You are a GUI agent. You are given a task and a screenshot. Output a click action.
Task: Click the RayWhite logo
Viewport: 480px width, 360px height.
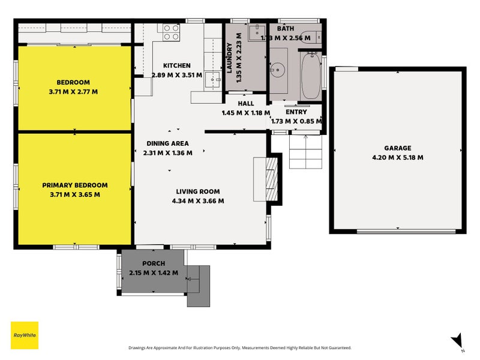click(x=25, y=335)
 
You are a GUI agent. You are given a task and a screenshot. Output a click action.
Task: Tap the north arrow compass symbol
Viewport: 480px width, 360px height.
click(x=457, y=341)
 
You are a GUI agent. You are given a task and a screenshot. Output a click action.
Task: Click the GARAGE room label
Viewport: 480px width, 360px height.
click(x=398, y=148)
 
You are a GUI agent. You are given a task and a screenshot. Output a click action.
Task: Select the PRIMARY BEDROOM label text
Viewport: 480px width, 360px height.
click(x=75, y=185)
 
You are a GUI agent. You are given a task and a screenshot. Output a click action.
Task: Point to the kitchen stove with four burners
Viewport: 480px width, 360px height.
click(x=171, y=32)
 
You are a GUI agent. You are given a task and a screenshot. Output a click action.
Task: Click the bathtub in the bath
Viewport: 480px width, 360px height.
click(x=311, y=76)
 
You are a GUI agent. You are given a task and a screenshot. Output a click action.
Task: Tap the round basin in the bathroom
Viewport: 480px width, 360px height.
click(x=278, y=70)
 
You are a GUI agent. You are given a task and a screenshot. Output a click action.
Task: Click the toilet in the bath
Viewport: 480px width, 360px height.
click(x=311, y=37)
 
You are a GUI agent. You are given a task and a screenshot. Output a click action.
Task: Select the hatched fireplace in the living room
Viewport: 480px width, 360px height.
click(x=272, y=179)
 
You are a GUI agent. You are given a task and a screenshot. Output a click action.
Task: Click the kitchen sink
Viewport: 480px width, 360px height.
click(x=213, y=81)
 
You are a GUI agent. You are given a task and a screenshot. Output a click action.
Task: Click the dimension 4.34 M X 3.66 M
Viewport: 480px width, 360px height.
click(x=198, y=201)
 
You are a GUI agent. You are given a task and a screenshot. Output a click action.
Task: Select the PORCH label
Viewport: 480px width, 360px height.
click(x=154, y=263)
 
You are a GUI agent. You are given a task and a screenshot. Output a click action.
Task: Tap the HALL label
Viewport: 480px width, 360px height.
click(x=246, y=103)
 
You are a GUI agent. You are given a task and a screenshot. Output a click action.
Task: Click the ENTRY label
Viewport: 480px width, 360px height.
click(x=296, y=112)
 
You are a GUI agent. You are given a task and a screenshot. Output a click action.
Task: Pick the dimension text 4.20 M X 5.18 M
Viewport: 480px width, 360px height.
click(x=398, y=158)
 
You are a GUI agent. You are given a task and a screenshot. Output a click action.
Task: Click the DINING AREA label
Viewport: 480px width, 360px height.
click(x=167, y=143)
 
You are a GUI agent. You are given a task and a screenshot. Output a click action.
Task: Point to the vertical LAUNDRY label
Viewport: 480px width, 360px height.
click(x=229, y=58)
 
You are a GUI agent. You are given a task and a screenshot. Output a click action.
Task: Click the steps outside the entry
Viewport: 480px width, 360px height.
click(x=306, y=152)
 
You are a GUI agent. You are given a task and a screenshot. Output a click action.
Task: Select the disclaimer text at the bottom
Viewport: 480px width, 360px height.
click(x=239, y=348)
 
